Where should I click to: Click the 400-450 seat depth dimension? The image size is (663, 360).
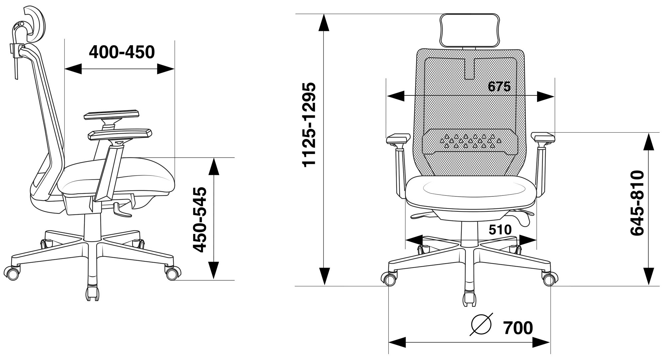122,53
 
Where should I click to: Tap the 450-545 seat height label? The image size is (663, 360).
200,219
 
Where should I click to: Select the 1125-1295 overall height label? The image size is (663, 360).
309,124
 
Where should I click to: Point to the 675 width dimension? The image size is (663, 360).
499,87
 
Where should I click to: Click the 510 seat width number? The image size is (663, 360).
500,230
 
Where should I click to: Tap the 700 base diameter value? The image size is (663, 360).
518,328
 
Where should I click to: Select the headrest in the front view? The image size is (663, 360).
469,30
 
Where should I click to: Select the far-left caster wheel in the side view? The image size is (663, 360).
13,273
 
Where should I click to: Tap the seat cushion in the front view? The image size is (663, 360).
471,193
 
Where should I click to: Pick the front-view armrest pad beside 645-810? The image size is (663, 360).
543,137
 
